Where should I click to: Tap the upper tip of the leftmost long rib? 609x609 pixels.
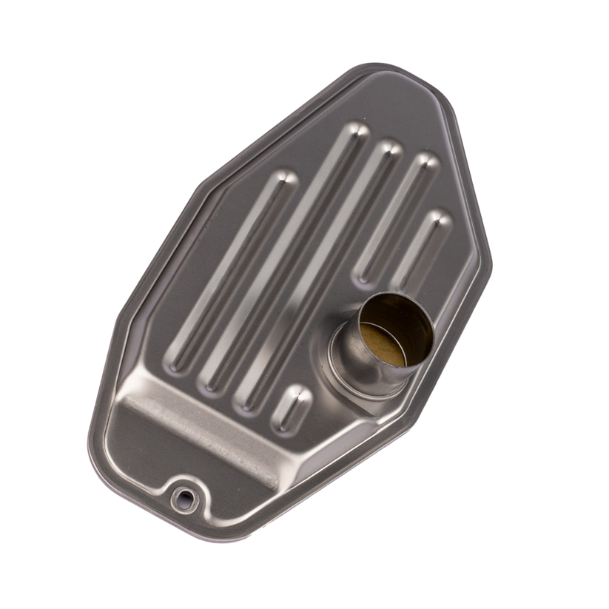284,178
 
